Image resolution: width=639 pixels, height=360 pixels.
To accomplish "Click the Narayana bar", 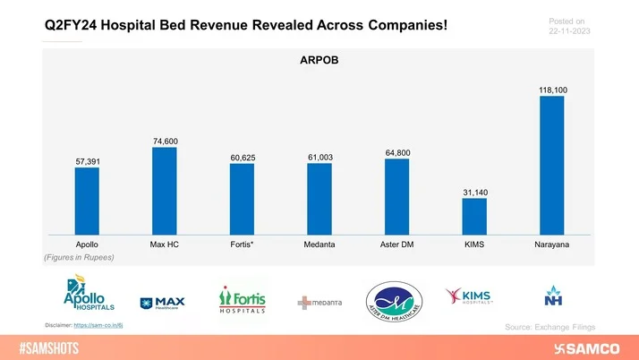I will click(x=552, y=166).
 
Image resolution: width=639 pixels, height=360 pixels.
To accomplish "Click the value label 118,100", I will click(x=552, y=90).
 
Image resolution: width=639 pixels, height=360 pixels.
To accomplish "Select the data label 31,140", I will click(x=474, y=193).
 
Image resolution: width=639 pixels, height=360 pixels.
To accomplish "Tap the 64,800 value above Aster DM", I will click(x=396, y=153).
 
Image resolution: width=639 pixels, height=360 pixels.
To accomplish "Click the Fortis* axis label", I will click(x=242, y=244).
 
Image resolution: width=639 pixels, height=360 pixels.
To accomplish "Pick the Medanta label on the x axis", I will click(x=319, y=244).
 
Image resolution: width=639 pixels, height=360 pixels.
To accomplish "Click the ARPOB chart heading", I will click(x=319, y=62).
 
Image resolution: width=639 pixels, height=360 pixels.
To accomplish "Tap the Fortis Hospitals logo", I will click(x=242, y=299).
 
